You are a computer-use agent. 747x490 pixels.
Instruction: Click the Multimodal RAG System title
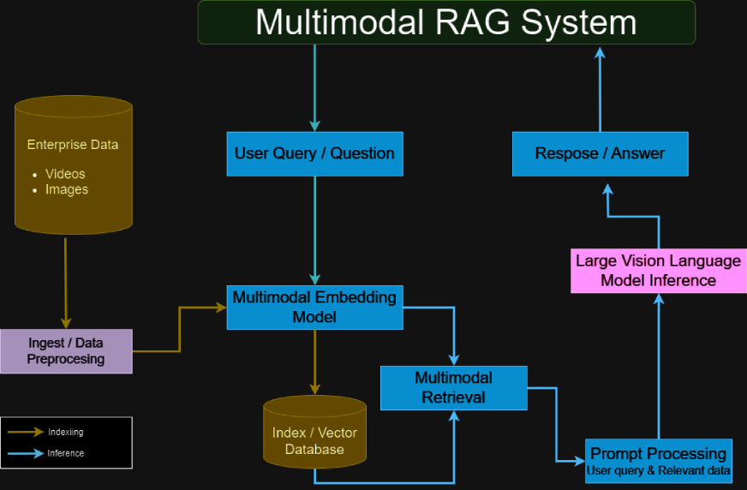(446, 22)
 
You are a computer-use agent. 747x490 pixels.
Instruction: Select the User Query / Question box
(314, 153)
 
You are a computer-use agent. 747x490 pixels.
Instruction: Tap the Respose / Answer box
(600, 153)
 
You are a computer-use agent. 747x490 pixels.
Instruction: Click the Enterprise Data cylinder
(74, 164)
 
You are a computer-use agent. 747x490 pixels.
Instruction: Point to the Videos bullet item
(65, 174)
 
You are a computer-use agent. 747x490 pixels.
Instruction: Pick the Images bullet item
(66, 189)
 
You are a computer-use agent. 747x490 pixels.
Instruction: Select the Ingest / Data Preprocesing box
(66, 351)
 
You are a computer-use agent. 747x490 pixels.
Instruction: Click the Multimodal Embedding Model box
(314, 308)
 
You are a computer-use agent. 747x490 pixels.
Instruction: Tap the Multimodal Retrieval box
(453, 387)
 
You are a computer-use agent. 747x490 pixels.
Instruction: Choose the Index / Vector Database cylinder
(314, 433)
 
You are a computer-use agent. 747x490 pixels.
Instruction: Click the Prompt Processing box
(658, 461)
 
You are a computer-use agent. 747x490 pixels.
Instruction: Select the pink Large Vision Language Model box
(658, 271)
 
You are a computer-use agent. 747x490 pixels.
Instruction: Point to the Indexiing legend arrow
(26, 433)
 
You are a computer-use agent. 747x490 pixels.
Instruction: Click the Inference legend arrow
(26, 453)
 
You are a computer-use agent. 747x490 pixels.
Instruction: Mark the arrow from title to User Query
(314, 86)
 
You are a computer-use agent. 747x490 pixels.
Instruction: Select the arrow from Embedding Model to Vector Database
(314, 360)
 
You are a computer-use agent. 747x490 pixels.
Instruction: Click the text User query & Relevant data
(658, 471)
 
